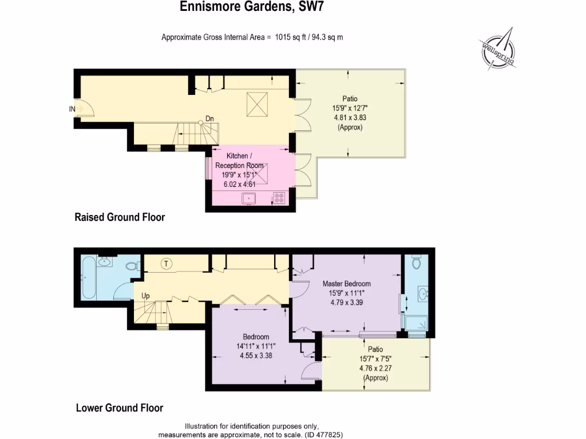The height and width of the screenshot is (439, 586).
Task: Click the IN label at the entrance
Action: (72, 109)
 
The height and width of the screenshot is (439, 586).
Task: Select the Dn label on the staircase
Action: (210, 119)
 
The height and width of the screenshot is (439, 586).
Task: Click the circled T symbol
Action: (167, 264)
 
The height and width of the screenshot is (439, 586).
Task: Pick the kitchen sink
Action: (249, 198)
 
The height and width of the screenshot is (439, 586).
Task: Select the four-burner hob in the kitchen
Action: (280, 198)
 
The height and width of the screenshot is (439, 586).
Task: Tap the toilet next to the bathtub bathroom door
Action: (132, 265)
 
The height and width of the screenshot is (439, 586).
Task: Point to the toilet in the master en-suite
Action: (417, 264)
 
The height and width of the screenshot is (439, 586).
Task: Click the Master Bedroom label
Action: (346, 284)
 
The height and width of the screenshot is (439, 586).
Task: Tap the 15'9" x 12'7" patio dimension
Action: (350, 107)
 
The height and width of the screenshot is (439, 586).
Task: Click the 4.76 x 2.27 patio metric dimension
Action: (375, 369)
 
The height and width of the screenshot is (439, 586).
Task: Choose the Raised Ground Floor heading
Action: (120, 217)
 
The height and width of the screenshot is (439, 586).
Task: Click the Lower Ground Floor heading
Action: (120, 408)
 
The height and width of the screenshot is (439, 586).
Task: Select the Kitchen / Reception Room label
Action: (239, 161)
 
